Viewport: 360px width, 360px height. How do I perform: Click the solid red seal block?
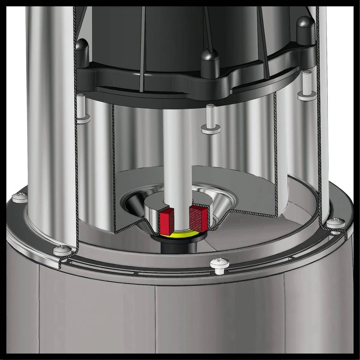(167, 220)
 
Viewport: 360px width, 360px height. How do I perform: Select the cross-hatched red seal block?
(199, 218)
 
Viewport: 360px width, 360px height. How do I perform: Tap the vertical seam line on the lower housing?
(155, 317)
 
